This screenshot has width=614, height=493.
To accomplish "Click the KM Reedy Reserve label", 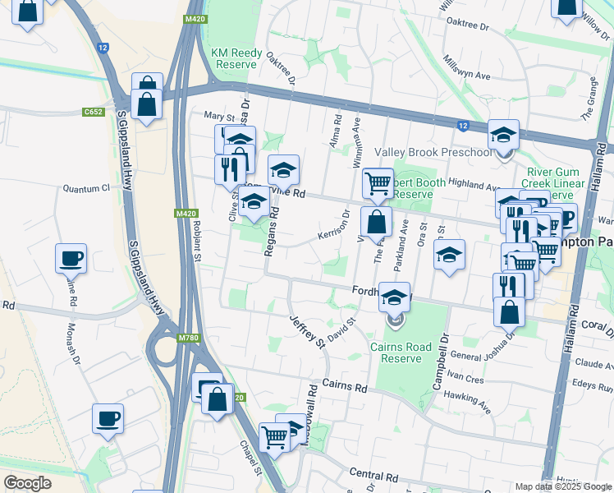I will pos(236,58).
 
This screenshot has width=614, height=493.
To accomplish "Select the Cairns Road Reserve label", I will pos(401,352).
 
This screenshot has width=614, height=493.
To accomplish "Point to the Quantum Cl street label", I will pos(86,188).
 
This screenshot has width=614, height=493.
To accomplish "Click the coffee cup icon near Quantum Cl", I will pos(71,259).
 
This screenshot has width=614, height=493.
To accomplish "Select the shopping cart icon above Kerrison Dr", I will pos(377,184).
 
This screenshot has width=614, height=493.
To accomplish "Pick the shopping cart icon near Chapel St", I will pos(274,436).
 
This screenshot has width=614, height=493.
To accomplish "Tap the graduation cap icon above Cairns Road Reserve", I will pos(396,297).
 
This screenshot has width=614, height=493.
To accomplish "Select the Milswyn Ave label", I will pos(465,69).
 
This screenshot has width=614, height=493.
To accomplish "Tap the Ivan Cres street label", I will pos(464,380).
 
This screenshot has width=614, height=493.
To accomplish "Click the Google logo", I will pos(27,483).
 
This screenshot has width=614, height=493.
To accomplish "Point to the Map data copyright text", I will pos(562,486).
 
